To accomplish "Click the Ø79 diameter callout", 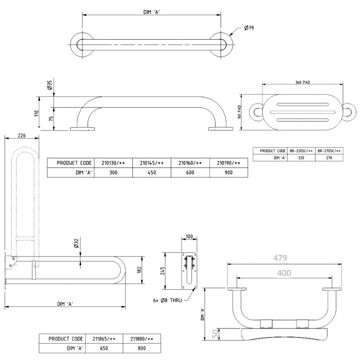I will [249, 28].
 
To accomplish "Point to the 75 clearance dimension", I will [50, 119].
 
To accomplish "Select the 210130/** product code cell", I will [113, 163].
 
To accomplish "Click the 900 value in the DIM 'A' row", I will [229, 173].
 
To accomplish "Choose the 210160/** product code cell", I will [190, 163].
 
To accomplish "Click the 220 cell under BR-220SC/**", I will [301, 157].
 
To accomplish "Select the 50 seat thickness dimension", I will [215, 333].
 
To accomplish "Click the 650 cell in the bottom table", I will [103, 348].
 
